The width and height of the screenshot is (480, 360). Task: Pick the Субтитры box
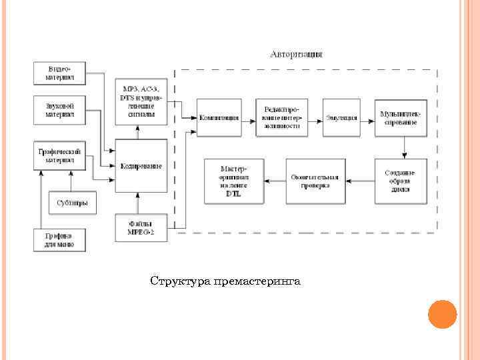73,203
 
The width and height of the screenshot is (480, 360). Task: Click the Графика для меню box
59,240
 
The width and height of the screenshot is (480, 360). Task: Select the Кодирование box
141,166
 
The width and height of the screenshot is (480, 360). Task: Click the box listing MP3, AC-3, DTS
141,101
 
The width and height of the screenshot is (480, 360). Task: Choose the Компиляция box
219,117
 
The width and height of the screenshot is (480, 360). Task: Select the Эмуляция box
341,117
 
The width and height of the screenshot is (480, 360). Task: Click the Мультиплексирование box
400,117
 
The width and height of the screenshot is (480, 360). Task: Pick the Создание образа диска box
400,181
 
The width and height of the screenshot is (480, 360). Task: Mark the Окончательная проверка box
315,181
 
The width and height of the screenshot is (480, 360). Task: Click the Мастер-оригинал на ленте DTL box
234,181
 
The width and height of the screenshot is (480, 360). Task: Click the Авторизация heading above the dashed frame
297,53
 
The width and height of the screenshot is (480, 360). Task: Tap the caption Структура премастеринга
225,281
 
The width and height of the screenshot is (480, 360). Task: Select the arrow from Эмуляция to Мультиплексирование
367,118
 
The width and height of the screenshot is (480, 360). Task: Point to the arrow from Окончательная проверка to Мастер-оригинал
275,181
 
